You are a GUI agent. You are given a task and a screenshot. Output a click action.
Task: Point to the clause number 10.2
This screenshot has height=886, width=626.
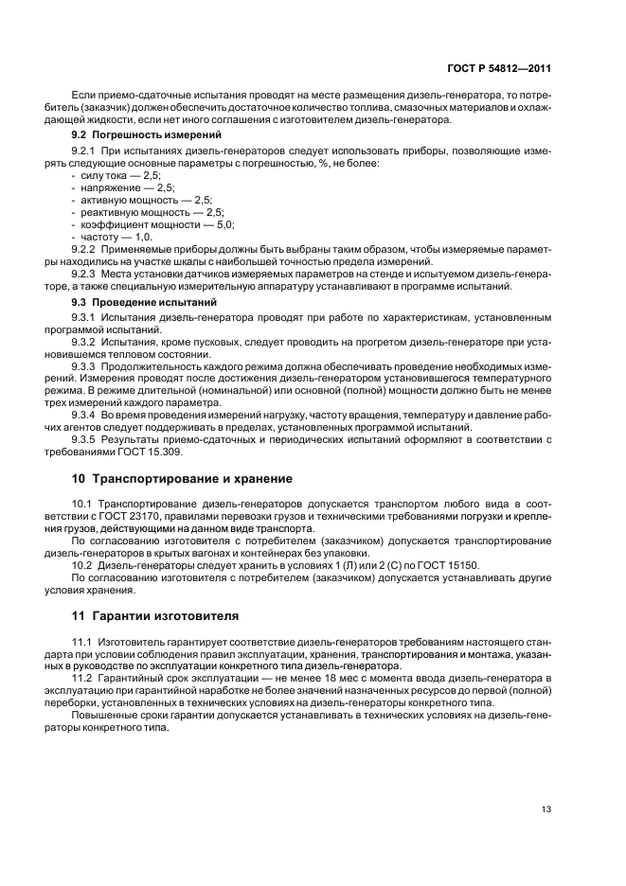[x=82, y=565]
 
